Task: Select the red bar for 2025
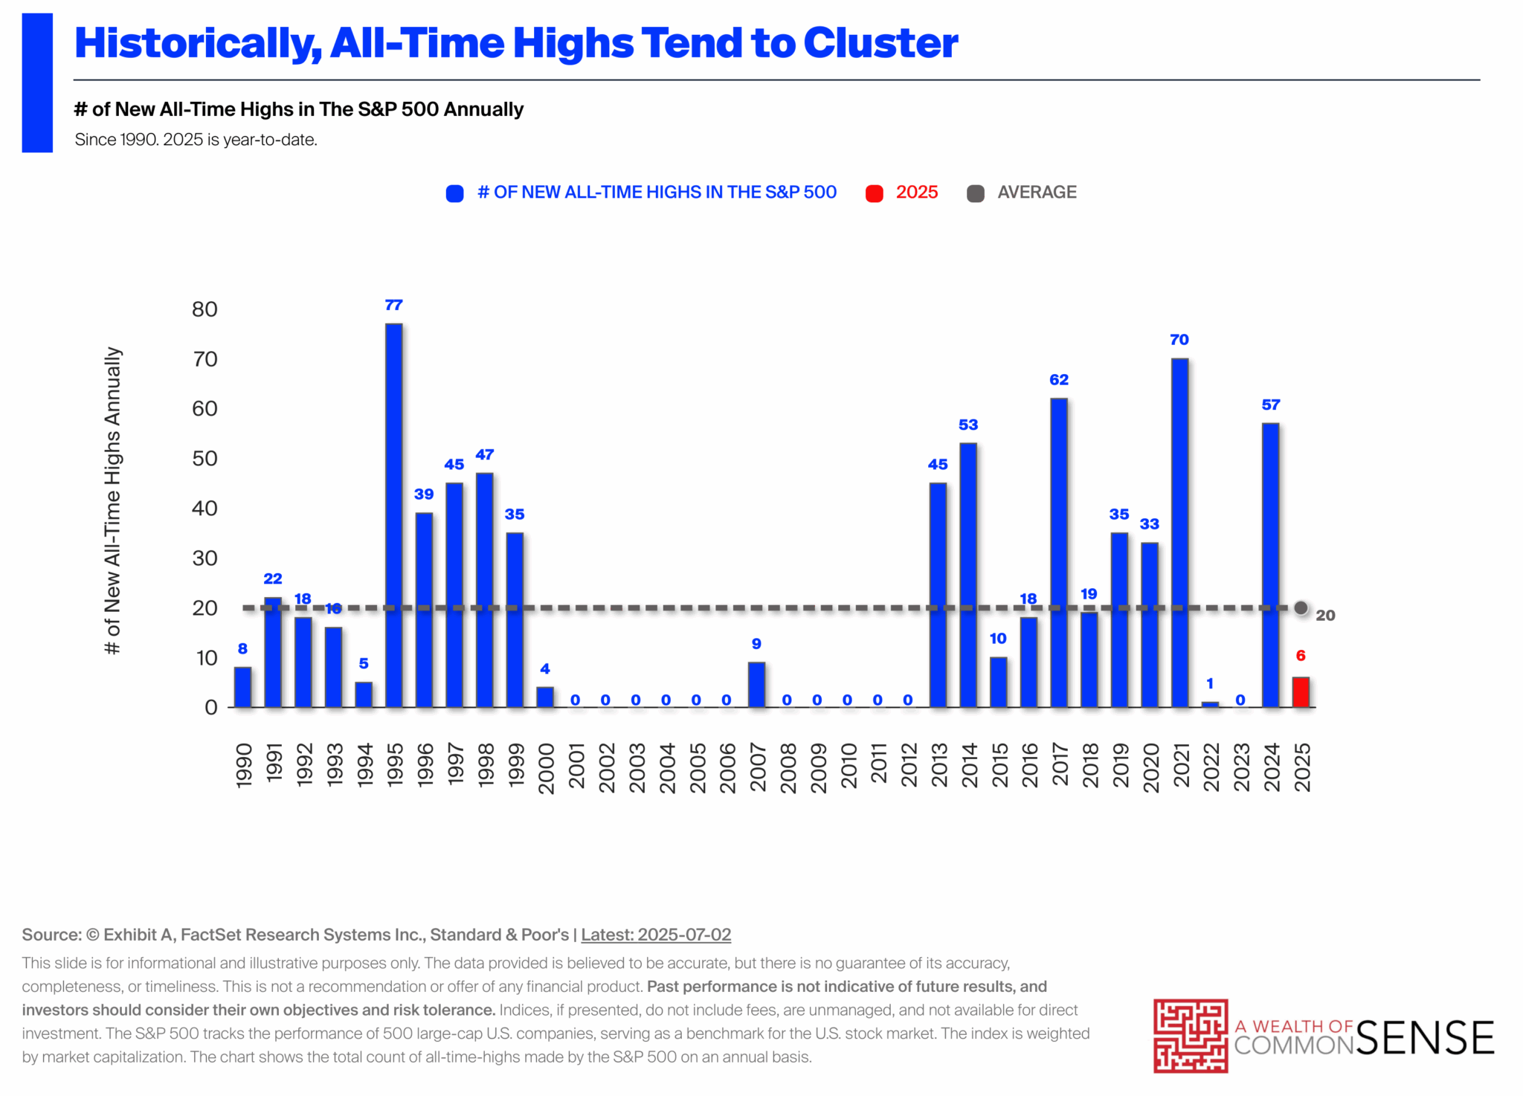tap(1301, 692)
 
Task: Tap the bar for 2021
tap(1179, 532)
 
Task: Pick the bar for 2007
tap(756, 684)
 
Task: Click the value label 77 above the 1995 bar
tap(393, 305)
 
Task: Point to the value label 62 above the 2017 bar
tap(1059, 380)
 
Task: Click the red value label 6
tap(1301, 656)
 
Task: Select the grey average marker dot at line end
tap(1301, 608)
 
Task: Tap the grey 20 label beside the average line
tap(1325, 616)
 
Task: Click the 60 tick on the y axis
tap(205, 409)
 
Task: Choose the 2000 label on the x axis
tap(546, 768)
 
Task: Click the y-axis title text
tap(112, 500)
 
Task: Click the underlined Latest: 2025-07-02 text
tap(656, 935)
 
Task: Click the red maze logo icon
tap(1190, 1036)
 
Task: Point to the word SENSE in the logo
tap(1425, 1038)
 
